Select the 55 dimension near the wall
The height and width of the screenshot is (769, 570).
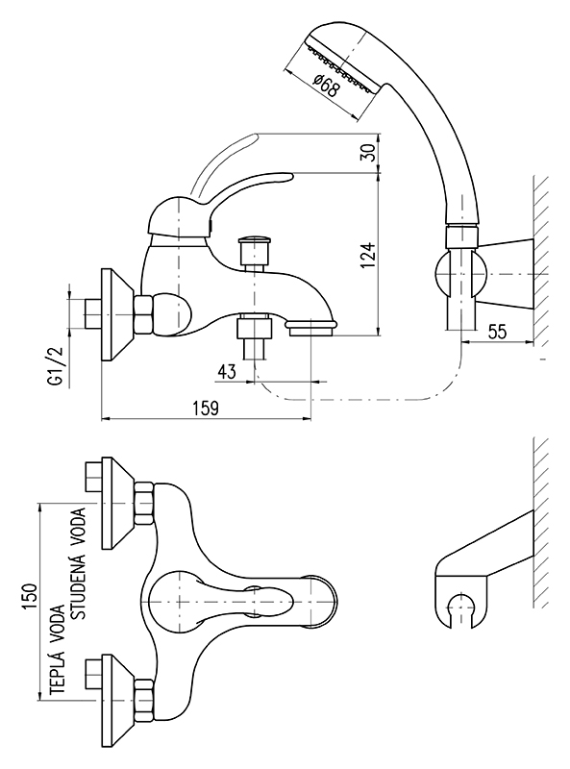[x=497, y=331]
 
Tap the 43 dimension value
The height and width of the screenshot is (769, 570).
[x=227, y=371]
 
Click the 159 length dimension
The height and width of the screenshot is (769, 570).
[x=206, y=408]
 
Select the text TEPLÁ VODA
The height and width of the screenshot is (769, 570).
[x=58, y=649]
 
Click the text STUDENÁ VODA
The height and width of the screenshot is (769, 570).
[x=79, y=562]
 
